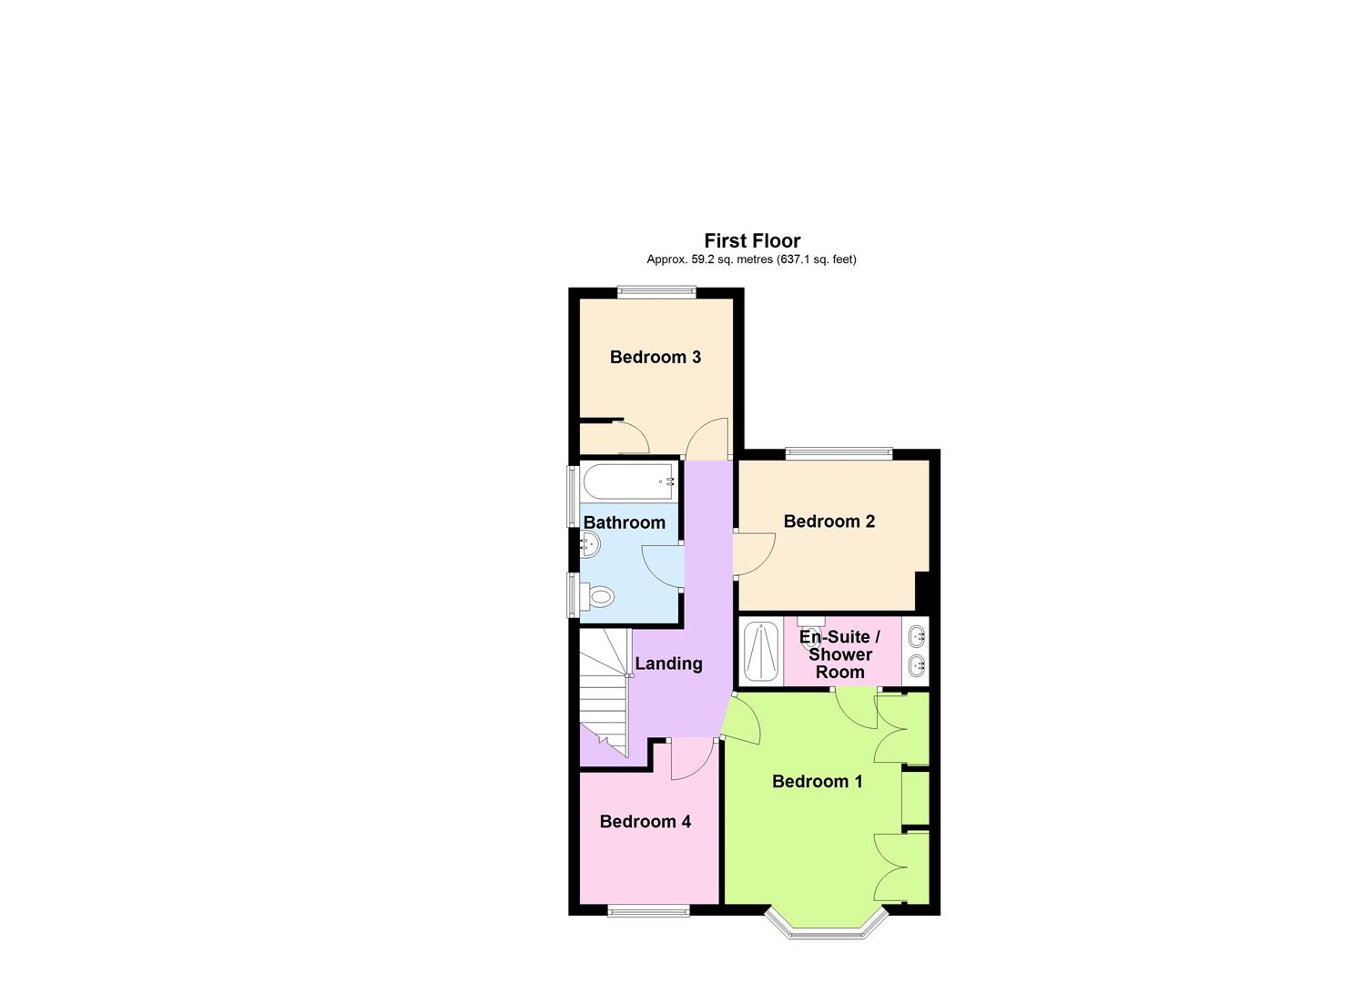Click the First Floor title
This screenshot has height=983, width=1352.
coord(752,240)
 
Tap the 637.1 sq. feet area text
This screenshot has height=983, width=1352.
coord(817,259)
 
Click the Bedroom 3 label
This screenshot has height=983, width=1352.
coord(656,357)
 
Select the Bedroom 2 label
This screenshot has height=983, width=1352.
coord(829,522)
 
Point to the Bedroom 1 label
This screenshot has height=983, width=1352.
coord(818,782)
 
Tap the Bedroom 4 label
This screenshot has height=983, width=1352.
coord(646,822)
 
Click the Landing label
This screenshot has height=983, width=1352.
coord(668,664)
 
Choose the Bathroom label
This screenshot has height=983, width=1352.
coord(625,522)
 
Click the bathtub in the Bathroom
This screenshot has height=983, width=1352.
coord(629,481)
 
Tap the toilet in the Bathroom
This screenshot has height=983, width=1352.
coord(599,598)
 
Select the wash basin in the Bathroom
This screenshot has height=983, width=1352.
coord(590,545)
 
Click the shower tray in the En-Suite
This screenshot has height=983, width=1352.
coord(760,651)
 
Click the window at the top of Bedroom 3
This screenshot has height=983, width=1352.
coord(656,292)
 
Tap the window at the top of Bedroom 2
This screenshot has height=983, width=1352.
coord(839,452)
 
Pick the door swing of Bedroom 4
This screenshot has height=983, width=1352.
coord(691,762)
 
